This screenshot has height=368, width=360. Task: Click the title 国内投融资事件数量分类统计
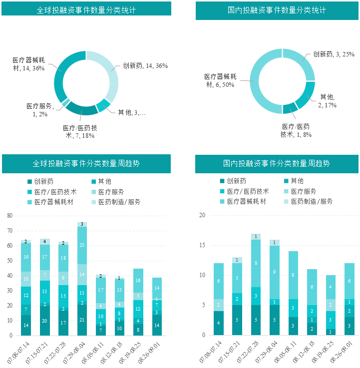click(277, 10)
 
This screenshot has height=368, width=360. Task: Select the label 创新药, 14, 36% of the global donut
click(145, 66)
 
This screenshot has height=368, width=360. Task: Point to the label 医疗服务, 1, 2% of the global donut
click(40, 110)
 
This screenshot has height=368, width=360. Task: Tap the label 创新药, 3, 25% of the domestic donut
click(334, 54)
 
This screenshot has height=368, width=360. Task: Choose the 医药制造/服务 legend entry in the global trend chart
click(115, 202)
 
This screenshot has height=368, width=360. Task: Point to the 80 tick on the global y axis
click(9, 216)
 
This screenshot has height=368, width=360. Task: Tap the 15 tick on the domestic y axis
click(202, 245)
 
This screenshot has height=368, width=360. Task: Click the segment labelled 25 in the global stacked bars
click(82, 245)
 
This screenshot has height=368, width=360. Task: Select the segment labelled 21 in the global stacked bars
click(82, 320)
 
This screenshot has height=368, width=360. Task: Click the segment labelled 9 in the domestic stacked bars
click(275, 272)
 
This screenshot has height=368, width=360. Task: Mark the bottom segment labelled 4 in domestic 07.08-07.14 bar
click(219, 323)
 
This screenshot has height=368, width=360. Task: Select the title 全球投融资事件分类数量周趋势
click(86, 163)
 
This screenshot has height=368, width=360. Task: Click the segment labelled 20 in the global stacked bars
click(45, 321)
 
